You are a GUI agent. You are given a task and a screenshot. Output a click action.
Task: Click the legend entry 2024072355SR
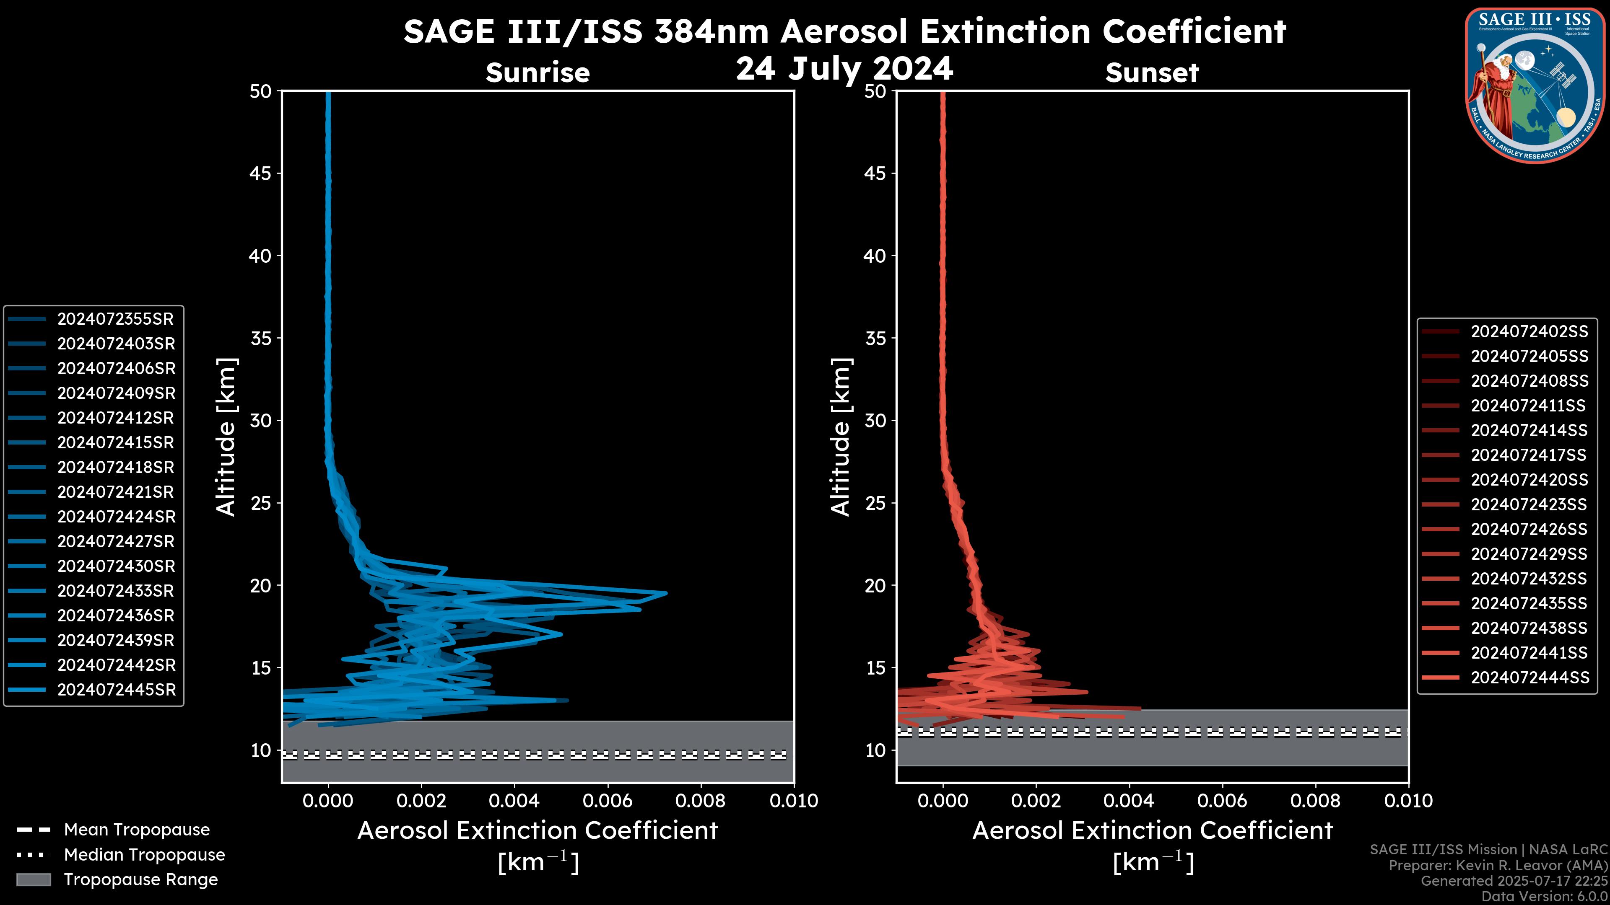(x=115, y=319)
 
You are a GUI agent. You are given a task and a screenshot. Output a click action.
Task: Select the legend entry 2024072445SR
(x=116, y=690)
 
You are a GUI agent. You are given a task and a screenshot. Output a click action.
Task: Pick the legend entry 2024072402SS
(x=1529, y=332)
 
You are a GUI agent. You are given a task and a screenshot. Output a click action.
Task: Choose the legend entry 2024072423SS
(x=1528, y=504)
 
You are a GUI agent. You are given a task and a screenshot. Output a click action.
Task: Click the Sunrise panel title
(x=538, y=73)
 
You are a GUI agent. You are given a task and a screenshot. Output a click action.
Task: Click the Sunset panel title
(x=1151, y=73)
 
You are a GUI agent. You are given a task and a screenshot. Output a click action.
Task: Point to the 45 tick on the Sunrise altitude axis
(x=261, y=173)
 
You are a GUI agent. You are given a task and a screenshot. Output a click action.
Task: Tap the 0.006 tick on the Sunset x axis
(x=1222, y=801)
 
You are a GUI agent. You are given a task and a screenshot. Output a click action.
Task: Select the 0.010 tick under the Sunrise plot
(x=793, y=801)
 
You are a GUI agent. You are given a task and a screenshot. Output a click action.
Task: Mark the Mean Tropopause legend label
(x=137, y=830)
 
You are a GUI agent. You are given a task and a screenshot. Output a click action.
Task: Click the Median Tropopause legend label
(x=144, y=855)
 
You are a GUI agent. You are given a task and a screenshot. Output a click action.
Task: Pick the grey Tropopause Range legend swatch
(x=33, y=880)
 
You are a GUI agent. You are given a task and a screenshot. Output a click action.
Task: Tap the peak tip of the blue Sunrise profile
(x=666, y=593)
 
